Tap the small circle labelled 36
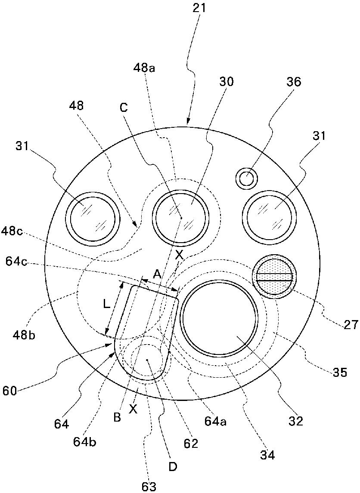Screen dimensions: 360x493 click(247, 179)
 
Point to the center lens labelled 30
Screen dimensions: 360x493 click(182, 217)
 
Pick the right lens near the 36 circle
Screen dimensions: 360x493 click(270, 218)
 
